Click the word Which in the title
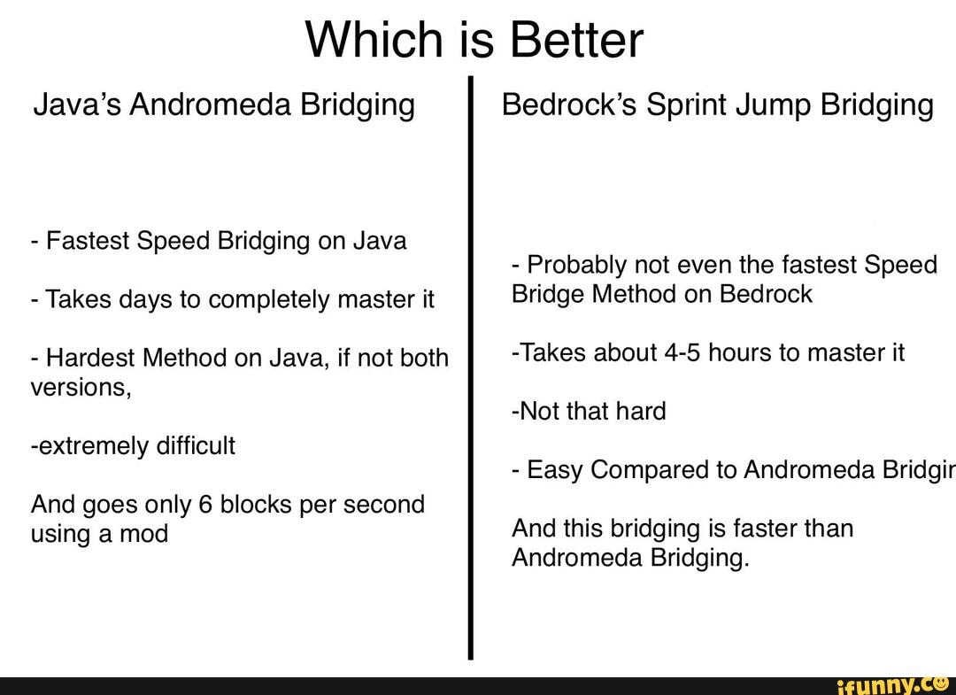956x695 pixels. tap(374, 40)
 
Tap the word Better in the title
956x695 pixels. tap(575, 40)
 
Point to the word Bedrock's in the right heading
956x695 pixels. tap(569, 104)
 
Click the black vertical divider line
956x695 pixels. tap(471, 367)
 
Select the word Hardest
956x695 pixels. tap(91, 358)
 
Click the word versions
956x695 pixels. tap(81, 388)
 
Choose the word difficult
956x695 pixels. tap(196, 445)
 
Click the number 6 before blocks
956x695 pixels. tap(204, 504)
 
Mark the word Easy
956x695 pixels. tap(553, 471)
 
